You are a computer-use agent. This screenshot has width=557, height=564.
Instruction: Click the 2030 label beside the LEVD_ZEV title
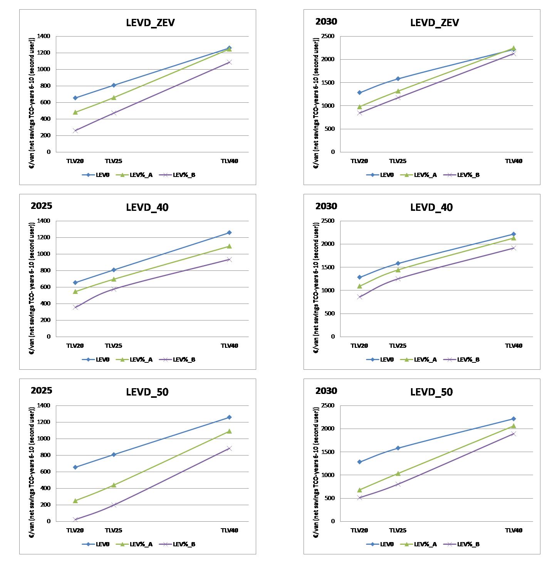(x=326, y=22)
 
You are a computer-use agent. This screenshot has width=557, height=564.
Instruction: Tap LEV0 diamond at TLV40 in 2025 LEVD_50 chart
(x=229, y=417)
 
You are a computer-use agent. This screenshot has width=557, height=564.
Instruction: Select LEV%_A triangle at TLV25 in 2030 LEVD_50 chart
(x=398, y=473)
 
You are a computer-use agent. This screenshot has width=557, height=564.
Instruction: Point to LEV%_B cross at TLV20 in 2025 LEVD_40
(x=75, y=307)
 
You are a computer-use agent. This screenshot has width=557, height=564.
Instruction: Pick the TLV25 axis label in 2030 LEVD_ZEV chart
(x=398, y=161)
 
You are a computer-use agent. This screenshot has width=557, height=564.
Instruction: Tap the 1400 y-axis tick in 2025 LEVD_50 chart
(x=44, y=405)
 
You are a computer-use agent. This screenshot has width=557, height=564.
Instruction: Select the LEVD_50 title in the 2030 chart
(x=431, y=392)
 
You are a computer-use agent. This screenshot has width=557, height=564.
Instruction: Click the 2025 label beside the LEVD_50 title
(x=42, y=390)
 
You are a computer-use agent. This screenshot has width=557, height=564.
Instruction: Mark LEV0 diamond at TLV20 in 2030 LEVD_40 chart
(x=359, y=277)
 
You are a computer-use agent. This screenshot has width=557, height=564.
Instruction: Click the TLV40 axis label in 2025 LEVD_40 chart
(x=229, y=345)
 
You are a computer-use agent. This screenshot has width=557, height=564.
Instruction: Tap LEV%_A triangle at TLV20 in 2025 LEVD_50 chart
(x=75, y=501)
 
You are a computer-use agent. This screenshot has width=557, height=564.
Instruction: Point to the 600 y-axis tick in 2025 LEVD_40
(x=46, y=287)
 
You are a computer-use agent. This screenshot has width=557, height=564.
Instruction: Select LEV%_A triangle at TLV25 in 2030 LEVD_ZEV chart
(x=398, y=91)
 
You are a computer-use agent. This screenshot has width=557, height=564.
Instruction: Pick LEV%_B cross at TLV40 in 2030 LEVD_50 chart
(x=513, y=434)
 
